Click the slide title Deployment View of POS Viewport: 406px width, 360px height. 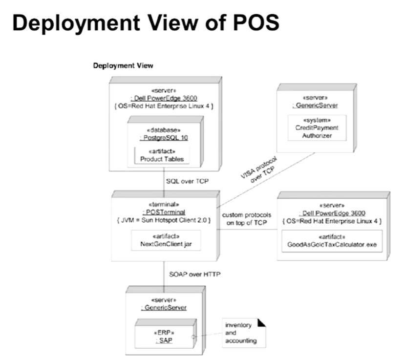(x=146, y=23)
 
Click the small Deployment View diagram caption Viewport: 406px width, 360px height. (x=123, y=65)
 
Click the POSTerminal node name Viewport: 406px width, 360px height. (x=164, y=212)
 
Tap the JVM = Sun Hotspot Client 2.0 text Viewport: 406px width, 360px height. (x=164, y=220)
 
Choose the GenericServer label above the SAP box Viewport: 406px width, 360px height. (x=164, y=308)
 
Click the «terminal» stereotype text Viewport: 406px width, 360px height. (x=164, y=204)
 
